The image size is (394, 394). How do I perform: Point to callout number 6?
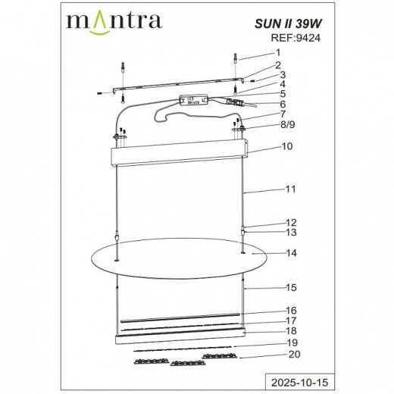(x=281, y=104)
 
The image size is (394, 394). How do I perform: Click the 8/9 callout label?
(x=285, y=124)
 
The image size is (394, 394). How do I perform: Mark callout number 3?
(x=280, y=75)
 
